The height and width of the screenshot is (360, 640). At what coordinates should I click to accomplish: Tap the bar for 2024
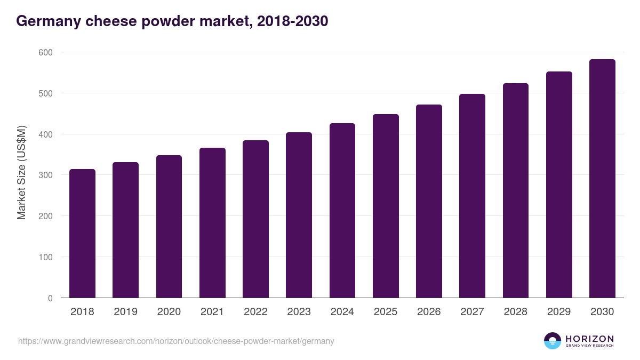(342, 211)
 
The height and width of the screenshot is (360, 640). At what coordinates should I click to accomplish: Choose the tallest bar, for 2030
(602, 179)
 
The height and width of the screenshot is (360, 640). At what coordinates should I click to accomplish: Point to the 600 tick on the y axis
(45, 52)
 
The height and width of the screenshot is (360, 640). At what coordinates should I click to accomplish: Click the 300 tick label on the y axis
(45, 175)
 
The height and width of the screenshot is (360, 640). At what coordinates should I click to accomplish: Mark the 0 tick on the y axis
(50, 298)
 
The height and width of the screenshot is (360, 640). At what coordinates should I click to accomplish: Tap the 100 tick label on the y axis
(45, 257)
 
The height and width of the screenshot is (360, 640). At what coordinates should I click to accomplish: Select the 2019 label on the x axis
(125, 312)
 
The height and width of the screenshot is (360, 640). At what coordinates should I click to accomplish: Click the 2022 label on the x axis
(255, 312)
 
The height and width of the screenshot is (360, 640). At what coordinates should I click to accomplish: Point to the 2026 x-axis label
(429, 312)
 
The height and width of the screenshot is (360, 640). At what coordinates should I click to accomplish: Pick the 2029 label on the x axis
(559, 312)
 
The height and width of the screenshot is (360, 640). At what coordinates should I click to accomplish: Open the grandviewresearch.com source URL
(176, 341)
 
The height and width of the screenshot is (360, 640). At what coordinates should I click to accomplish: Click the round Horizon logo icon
(553, 341)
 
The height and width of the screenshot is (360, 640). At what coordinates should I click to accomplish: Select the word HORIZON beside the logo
(589, 338)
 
